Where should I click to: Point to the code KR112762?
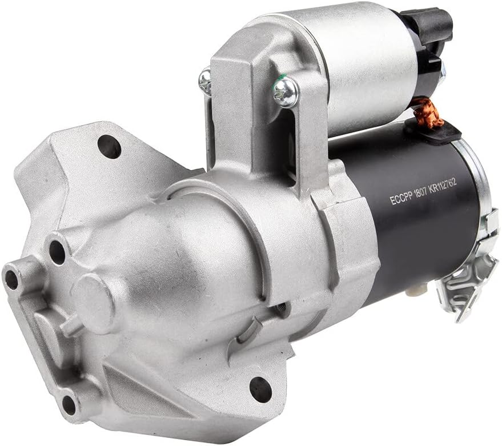click(x=443, y=186)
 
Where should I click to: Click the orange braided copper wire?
click(x=428, y=114)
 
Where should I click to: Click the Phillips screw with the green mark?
click(x=286, y=91)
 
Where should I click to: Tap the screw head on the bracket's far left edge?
click(x=205, y=79)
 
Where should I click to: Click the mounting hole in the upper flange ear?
click(x=109, y=147)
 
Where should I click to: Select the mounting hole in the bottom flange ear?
click(x=260, y=388)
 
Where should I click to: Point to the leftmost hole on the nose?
click(x=11, y=280)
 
